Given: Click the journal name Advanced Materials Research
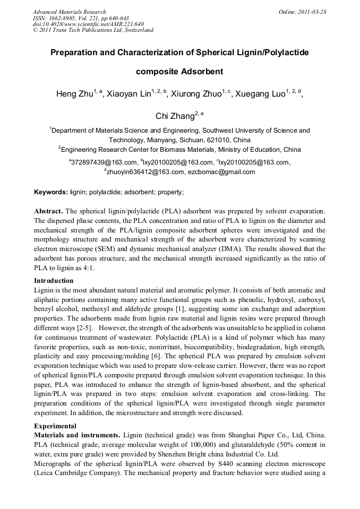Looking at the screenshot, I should click(69, 12).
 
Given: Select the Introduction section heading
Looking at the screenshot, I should click(54, 281).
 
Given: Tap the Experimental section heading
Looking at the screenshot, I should click(55, 426).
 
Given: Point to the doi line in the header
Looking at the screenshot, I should click(88, 24).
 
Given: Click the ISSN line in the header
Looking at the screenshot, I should click(81, 18).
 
